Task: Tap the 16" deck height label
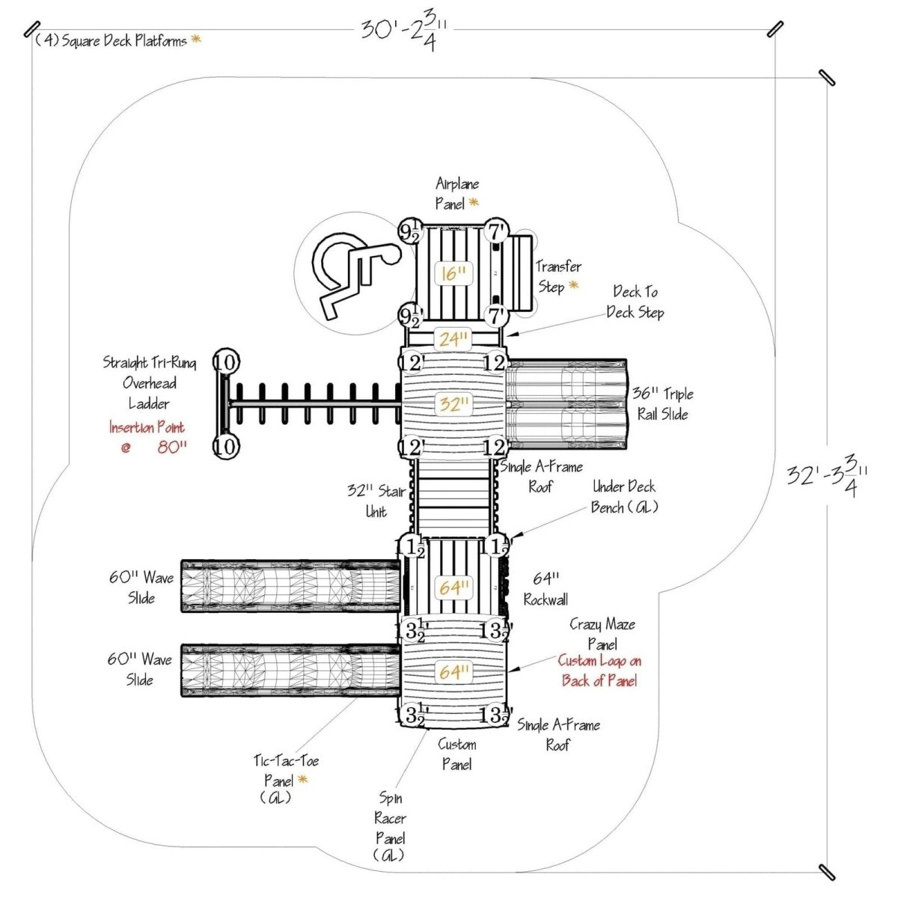tap(453, 273)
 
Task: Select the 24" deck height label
tap(453, 339)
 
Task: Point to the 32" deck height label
tap(453, 404)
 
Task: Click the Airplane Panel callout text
tap(457, 194)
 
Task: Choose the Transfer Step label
tap(558, 276)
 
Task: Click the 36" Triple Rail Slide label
tap(662, 404)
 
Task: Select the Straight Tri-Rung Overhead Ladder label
tap(150, 383)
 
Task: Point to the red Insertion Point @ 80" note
tap(147, 438)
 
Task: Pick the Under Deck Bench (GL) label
tap(624, 497)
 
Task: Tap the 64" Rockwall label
tap(546, 589)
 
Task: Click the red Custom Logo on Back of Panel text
tap(599, 671)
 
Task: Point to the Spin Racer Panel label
tap(390, 827)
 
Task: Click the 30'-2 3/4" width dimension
tap(405, 31)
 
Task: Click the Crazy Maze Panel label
tap(602, 634)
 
